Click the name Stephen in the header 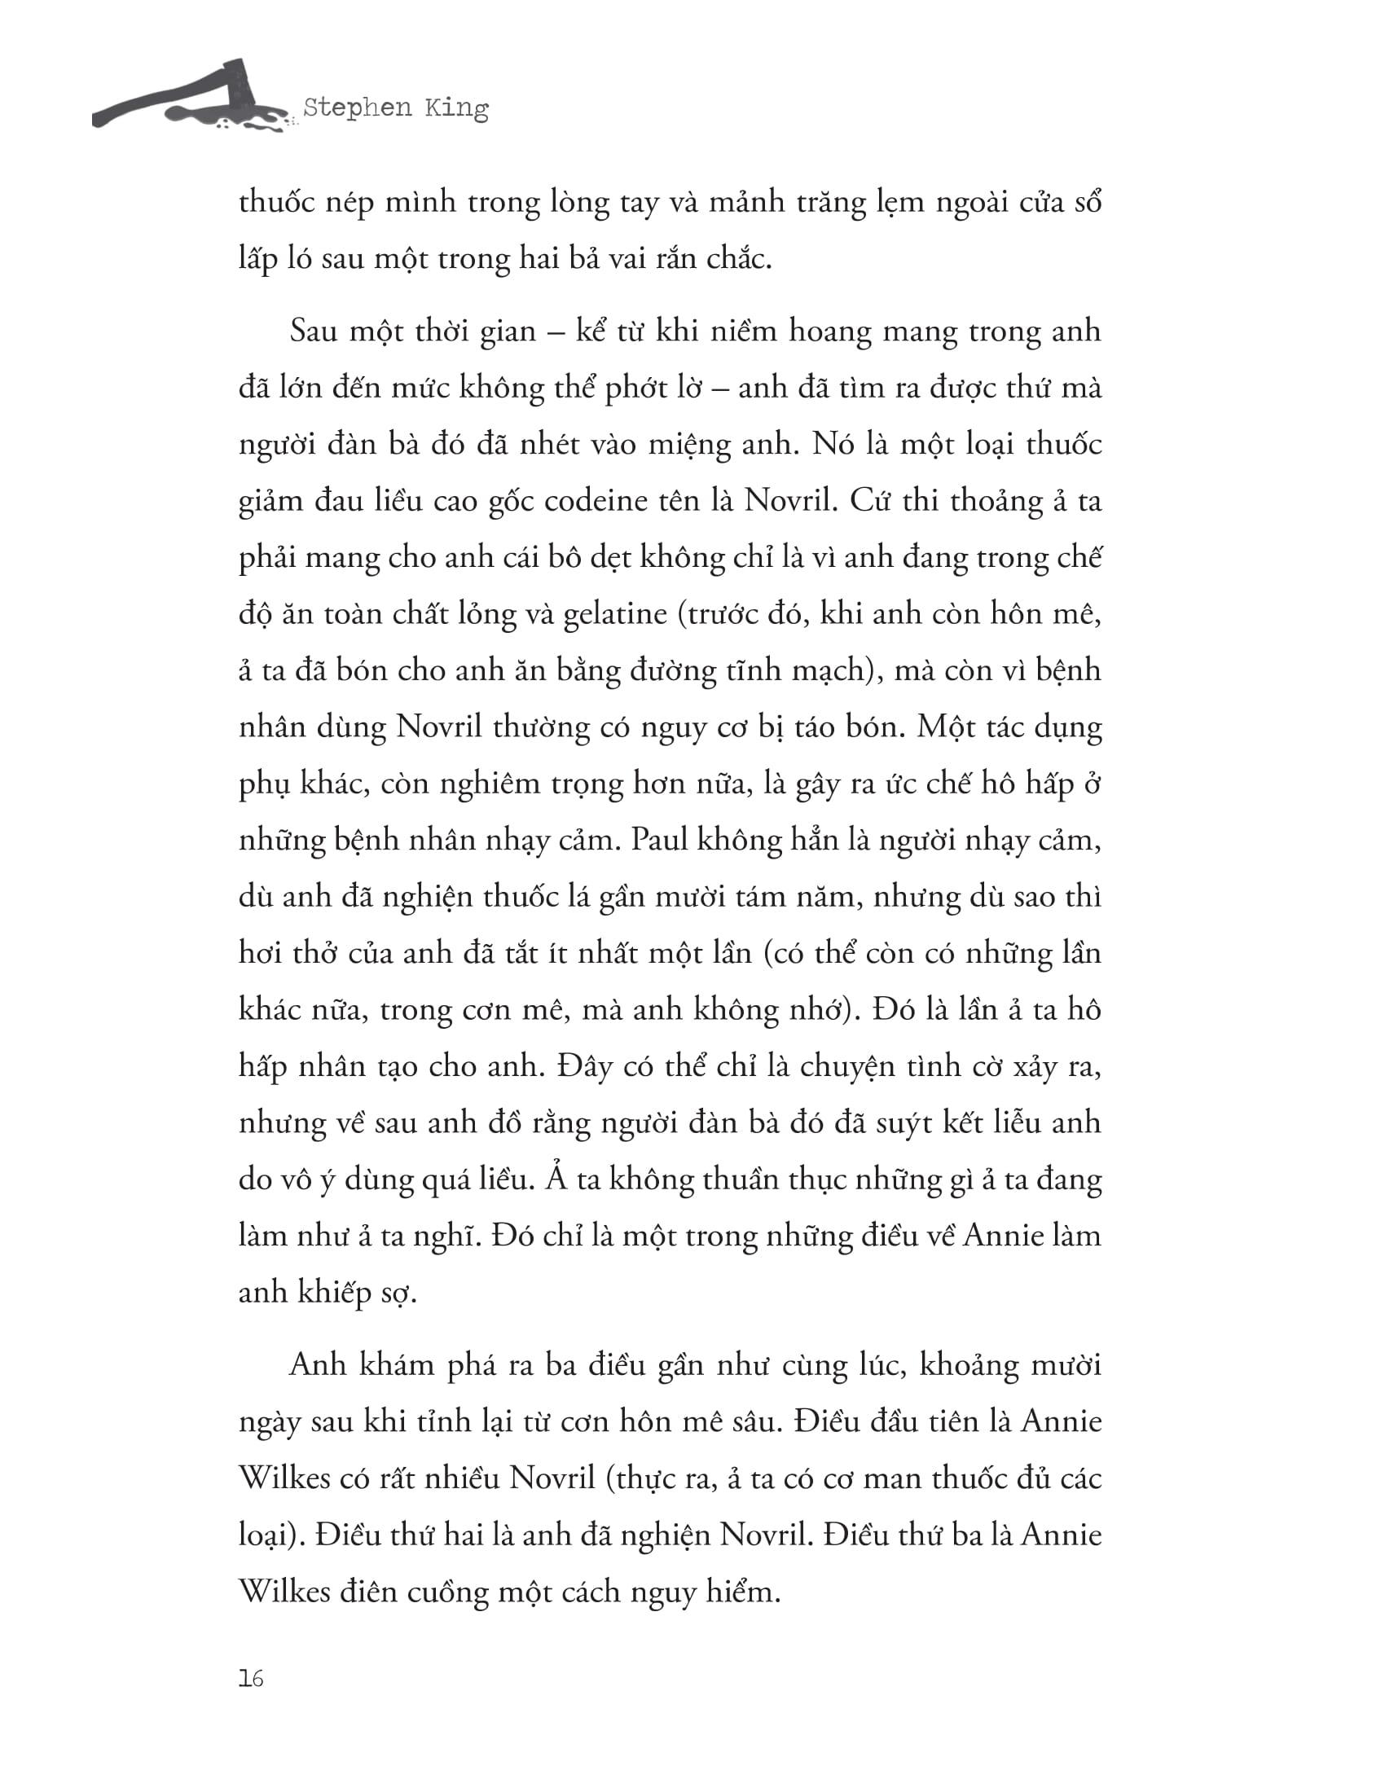coord(357,108)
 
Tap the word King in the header coord(456,108)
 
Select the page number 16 coord(251,1679)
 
